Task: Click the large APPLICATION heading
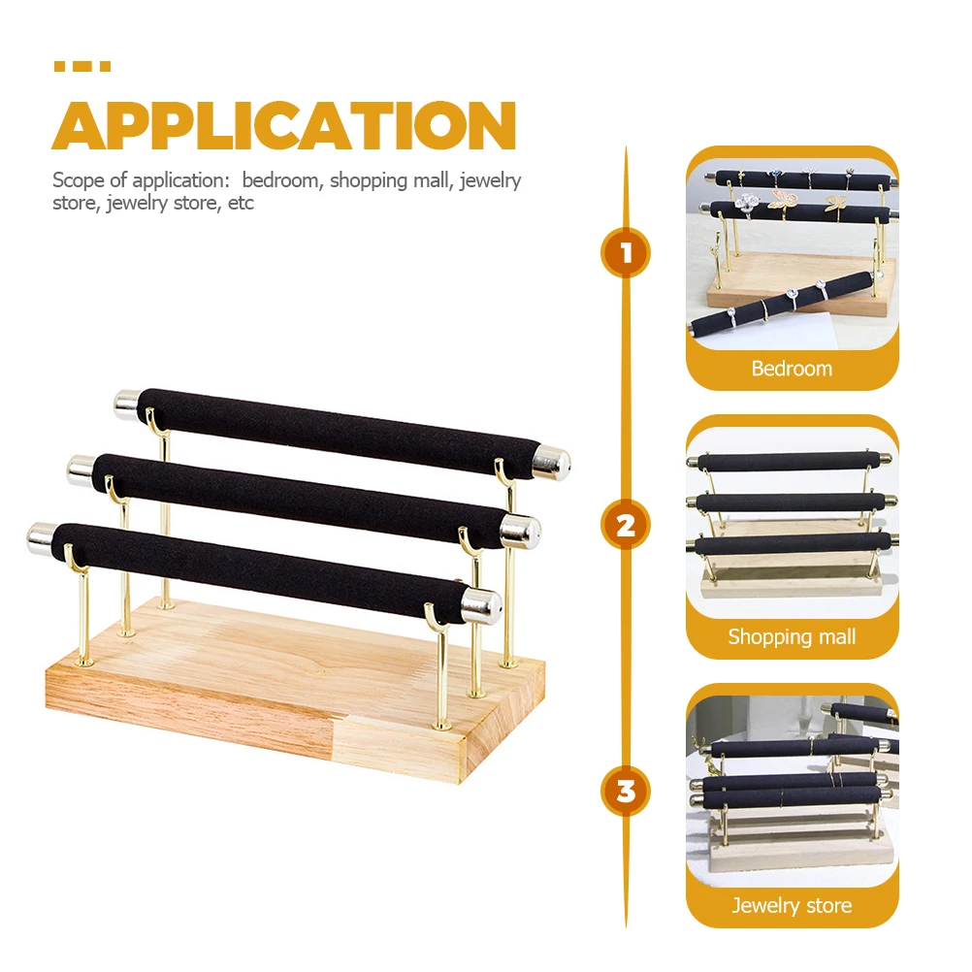coord(284,125)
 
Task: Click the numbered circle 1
coord(626,252)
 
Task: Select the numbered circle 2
coord(626,525)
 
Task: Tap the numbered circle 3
coord(626,792)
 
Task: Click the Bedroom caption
coord(792,369)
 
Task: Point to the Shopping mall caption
coord(792,636)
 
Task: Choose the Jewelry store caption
coord(792,906)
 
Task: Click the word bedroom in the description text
coord(282,180)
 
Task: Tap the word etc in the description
coord(241,204)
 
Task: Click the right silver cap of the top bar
coord(551,463)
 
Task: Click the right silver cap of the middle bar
coord(520,532)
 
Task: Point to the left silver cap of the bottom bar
coord(42,538)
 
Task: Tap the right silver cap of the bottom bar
coord(481,605)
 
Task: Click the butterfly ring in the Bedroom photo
coord(783,200)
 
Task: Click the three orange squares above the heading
coord(82,66)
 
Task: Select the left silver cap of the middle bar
coord(81,470)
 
